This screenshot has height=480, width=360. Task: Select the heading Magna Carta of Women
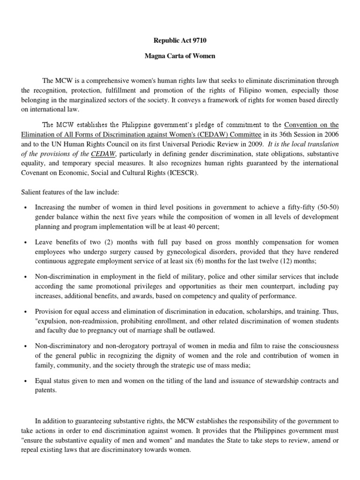[x=180, y=55]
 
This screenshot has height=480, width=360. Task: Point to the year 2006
[x=330, y=135]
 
